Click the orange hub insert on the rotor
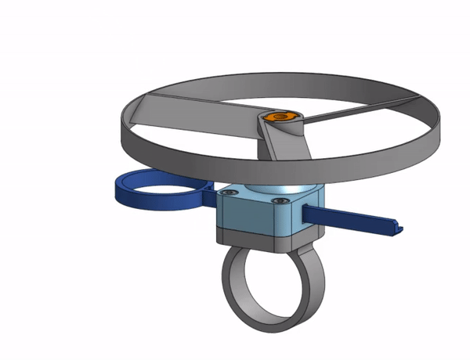[280, 117]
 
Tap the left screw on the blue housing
[228, 193]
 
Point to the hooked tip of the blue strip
[397, 229]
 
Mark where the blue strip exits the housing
[306, 212]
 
